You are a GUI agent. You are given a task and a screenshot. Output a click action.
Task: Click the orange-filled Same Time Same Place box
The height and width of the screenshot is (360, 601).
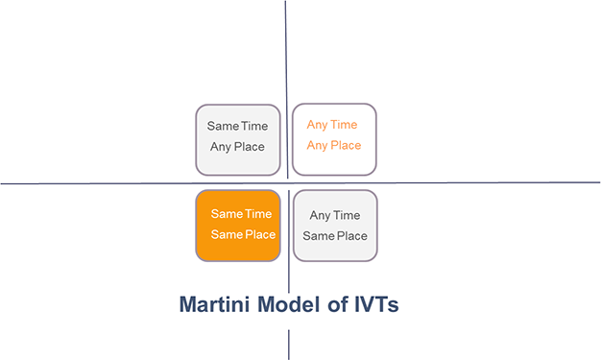coord(238,225)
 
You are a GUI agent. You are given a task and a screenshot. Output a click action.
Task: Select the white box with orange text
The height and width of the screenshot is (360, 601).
coord(334,139)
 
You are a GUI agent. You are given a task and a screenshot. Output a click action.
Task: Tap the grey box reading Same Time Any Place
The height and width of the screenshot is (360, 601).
coord(238,139)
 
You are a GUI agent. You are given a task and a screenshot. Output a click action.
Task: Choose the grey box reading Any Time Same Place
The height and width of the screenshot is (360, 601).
coord(335,225)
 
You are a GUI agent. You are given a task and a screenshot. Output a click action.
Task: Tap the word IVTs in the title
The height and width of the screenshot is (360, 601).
coord(375,305)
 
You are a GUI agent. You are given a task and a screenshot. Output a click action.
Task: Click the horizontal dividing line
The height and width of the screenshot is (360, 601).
coord(96,182)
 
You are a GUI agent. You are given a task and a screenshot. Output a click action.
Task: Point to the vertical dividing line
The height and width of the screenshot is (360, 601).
coord(286,58)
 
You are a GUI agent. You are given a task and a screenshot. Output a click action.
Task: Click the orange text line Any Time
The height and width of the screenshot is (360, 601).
coord(332,125)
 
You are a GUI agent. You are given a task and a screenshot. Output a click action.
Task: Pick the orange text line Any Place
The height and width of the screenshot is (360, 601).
coord(334,146)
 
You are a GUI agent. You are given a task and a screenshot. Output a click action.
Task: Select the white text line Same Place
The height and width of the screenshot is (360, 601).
coord(243,235)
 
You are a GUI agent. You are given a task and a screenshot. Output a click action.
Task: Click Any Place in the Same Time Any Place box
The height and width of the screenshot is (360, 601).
coord(238,147)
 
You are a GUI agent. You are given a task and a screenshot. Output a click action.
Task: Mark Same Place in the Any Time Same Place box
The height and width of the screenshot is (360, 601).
coord(335,236)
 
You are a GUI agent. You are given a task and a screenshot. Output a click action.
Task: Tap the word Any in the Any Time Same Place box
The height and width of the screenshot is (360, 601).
coord(320,216)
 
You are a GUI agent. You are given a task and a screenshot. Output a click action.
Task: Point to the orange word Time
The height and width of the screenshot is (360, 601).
coord(345,125)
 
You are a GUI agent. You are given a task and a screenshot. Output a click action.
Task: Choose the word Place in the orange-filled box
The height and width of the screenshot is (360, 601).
coord(259,235)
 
